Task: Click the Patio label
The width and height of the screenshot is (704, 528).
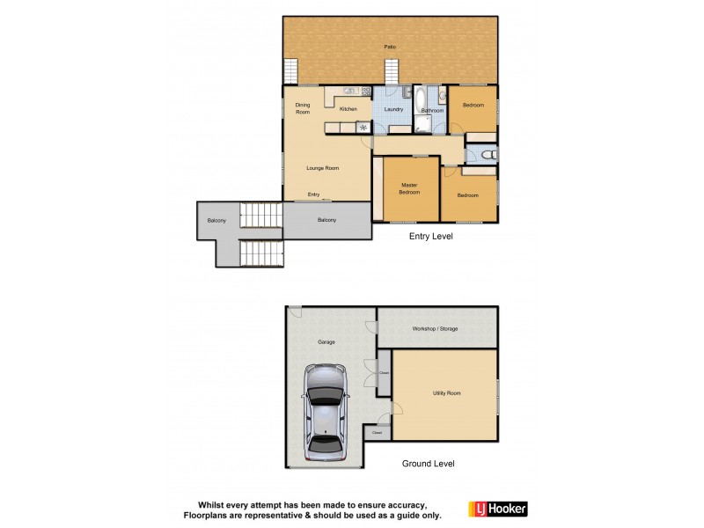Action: coord(389,47)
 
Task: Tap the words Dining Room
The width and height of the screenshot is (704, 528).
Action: coord(303,109)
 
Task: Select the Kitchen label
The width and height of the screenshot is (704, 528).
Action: coord(348,109)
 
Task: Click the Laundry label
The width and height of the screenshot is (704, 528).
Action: coord(393,109)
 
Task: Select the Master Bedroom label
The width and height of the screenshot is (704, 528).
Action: coord(409,188)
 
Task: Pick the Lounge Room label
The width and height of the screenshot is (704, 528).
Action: coord(322,168)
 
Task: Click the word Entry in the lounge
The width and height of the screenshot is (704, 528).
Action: coord(313,194)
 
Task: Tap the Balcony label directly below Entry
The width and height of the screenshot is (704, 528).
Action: coord(326,220)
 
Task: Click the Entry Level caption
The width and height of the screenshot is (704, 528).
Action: coord(431,237)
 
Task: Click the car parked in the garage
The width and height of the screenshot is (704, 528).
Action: coord(325,411)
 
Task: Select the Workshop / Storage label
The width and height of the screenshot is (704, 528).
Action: coord(436,328)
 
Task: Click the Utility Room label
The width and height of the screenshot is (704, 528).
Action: coord(446,393)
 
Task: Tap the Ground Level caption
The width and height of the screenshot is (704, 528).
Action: coord(428,463)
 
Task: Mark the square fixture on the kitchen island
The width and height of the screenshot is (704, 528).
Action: coord(362,128)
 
